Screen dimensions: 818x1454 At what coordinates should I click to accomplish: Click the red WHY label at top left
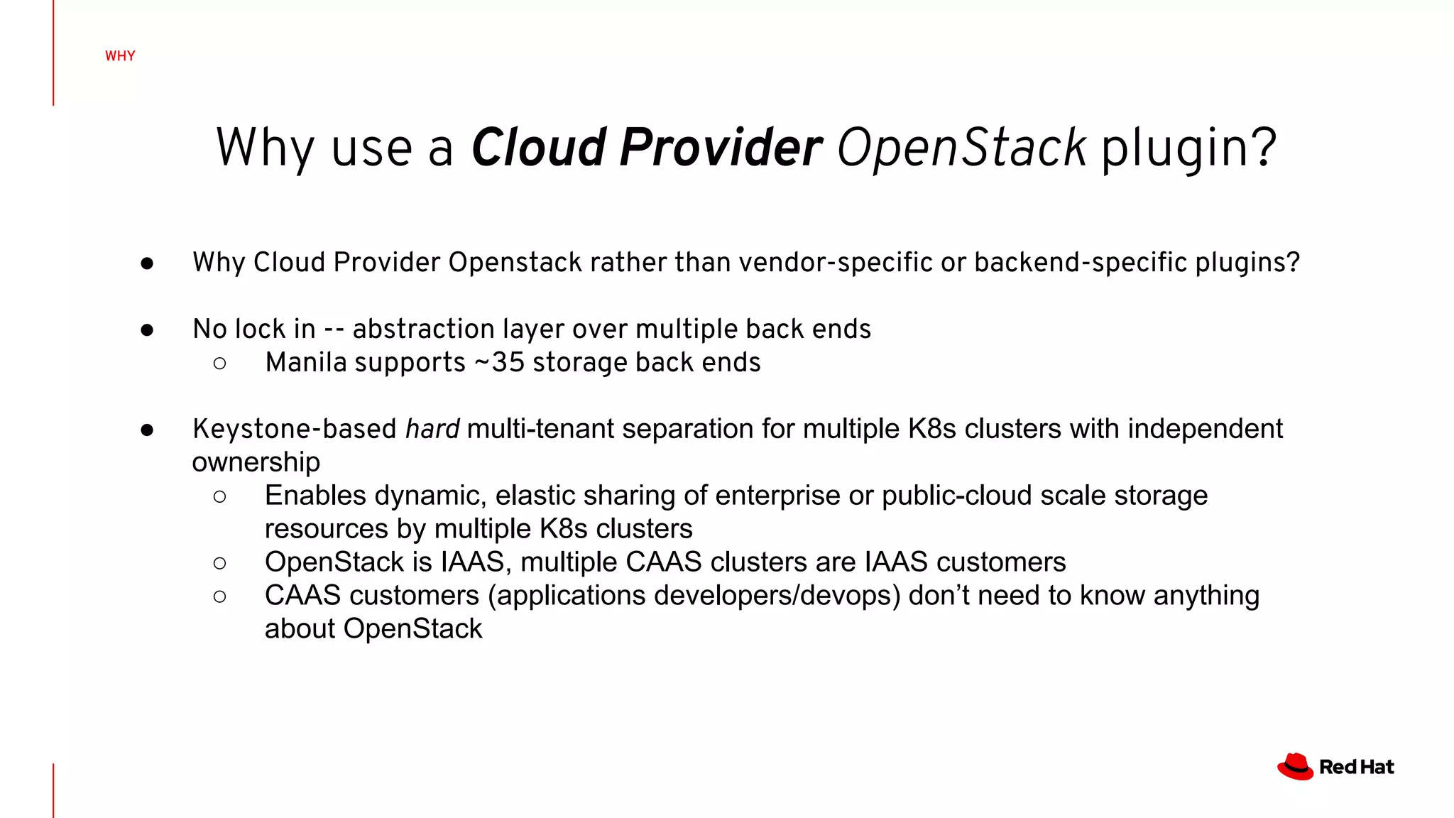point(120,56)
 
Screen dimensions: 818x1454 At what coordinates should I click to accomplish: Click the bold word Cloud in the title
point(539,148)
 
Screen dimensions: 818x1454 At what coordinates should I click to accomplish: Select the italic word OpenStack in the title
point(961,148)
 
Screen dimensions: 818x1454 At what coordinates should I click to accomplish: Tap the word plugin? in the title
point(1188,148)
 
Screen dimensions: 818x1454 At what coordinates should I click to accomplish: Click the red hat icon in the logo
point(1295,767)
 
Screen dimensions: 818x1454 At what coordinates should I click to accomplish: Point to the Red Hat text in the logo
point(1356,767)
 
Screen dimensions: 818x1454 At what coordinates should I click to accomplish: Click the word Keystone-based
point(294,430)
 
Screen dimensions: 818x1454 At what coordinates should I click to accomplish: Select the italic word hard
point(432,430)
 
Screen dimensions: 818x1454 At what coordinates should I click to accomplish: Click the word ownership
point(256,463)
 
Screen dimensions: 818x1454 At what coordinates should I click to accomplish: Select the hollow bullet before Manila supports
point(220,364)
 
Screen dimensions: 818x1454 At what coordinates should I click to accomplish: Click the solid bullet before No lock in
point(147,330)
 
